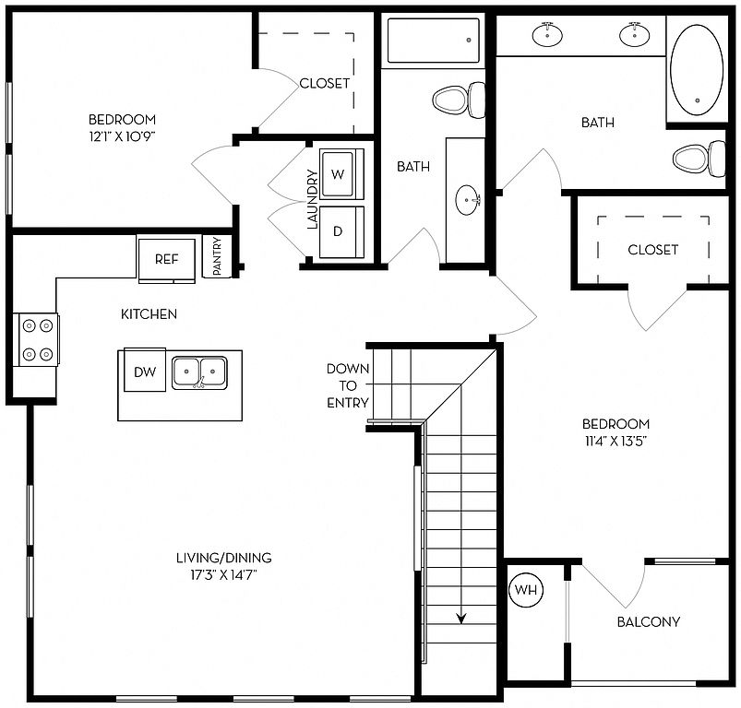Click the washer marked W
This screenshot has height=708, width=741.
341,174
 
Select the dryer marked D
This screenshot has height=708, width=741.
341,231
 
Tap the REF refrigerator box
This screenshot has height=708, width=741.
166,260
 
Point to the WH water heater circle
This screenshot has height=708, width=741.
526,589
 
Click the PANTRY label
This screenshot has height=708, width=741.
217,256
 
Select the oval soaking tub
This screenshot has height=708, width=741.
697,70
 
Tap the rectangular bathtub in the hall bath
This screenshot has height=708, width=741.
434,41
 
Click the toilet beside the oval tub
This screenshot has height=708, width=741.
699,159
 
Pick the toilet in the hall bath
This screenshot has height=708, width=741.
459,100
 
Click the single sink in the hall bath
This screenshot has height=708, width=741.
468,200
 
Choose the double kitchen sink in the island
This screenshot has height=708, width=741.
199,372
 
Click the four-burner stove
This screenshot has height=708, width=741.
38,339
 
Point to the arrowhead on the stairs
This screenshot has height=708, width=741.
460,619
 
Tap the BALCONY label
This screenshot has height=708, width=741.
649,621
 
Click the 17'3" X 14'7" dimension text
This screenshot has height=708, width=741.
223,575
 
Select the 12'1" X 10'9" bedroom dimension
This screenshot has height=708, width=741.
123,136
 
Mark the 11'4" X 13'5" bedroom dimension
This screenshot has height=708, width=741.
616,441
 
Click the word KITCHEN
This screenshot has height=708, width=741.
149,313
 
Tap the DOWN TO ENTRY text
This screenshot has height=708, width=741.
348,385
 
